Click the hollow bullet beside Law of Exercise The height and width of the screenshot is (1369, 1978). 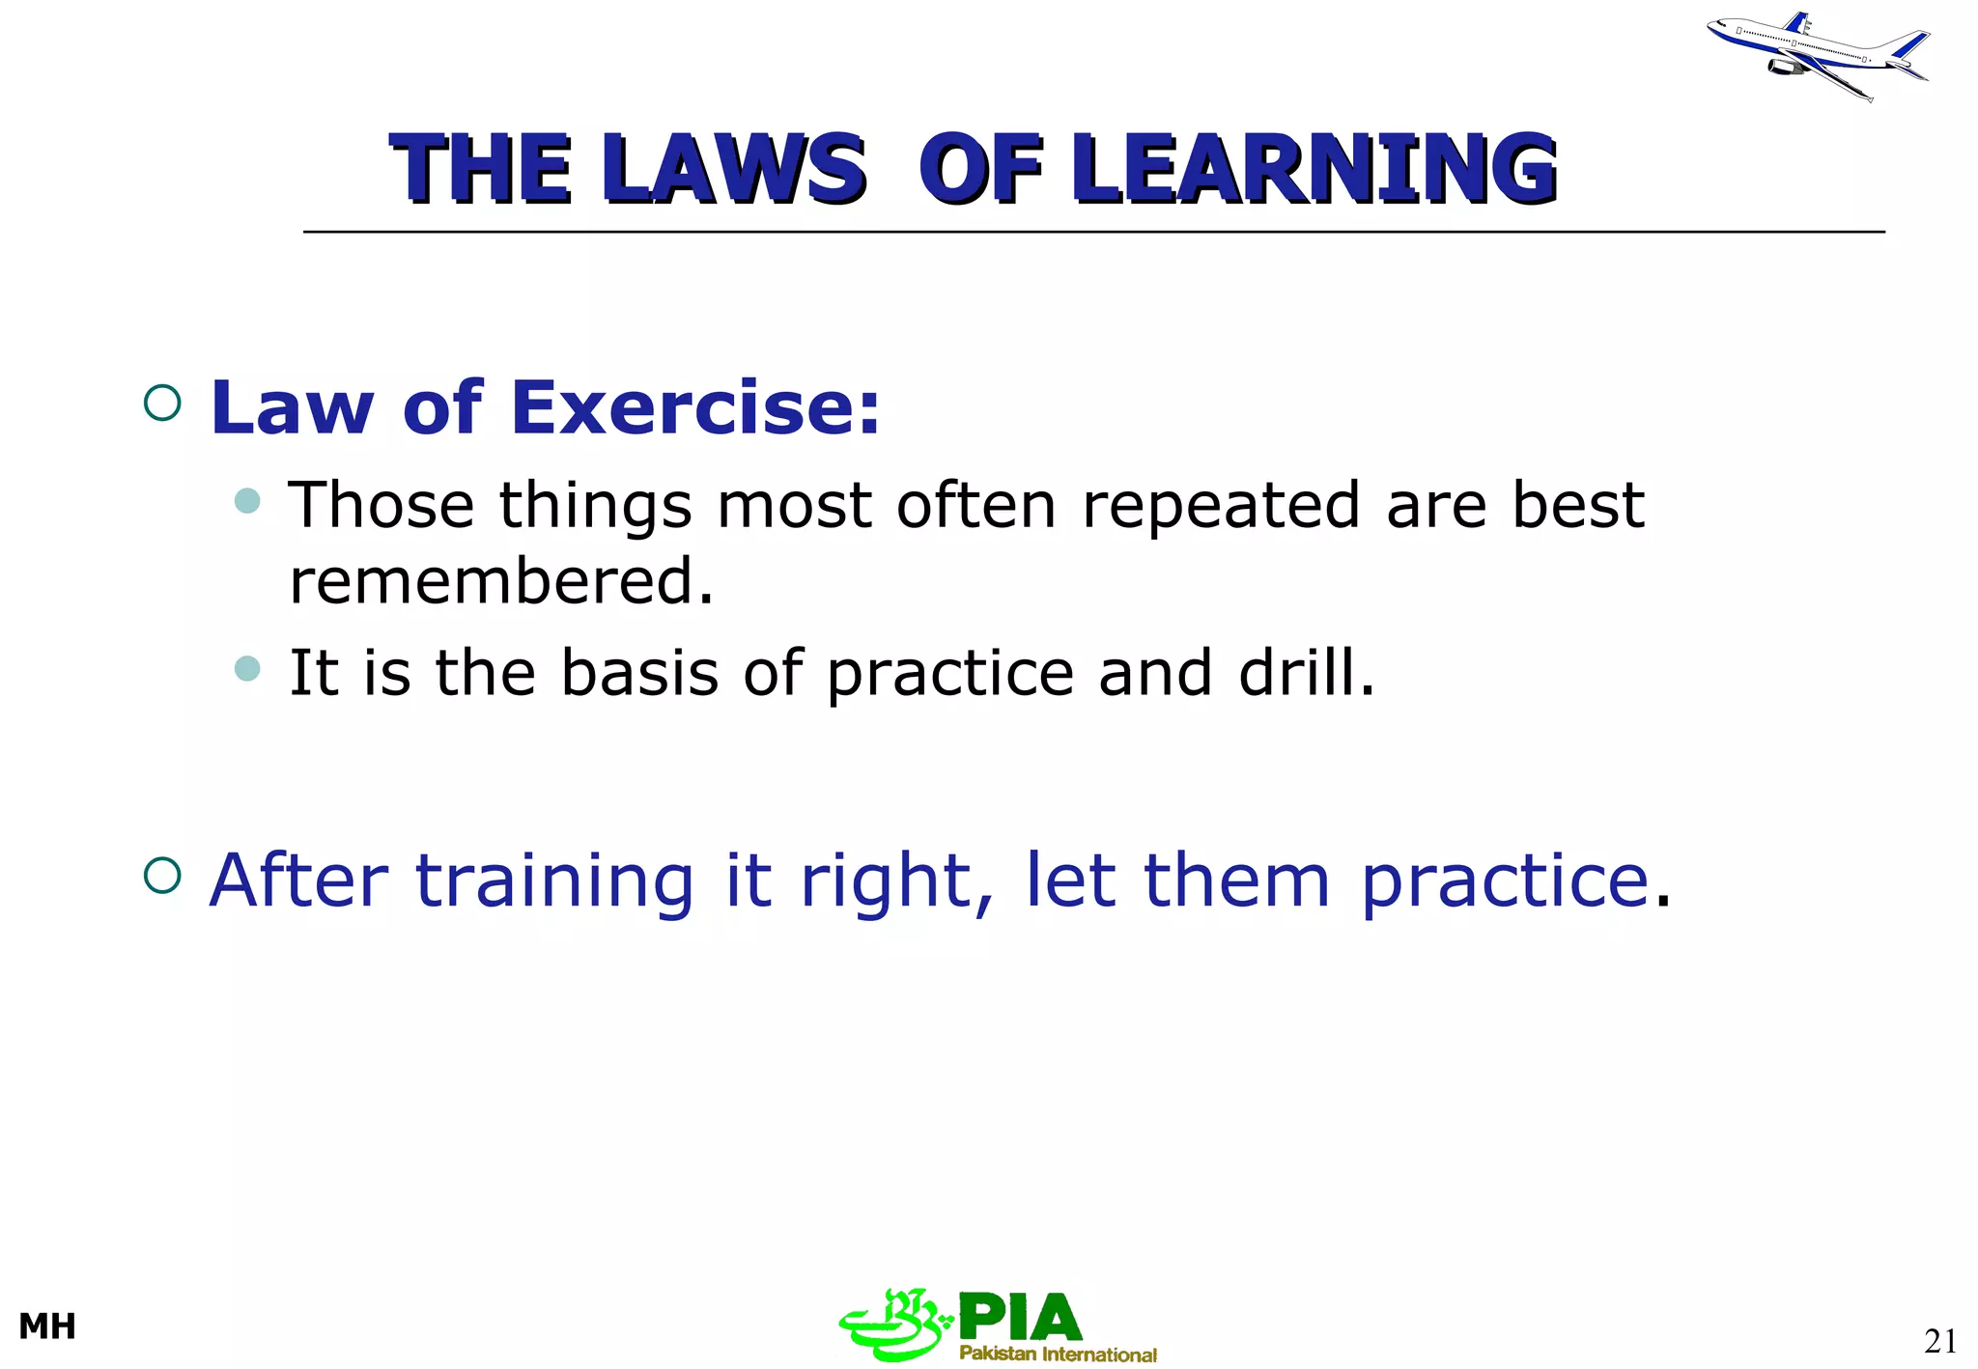(162, 403)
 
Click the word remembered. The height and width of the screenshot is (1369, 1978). (501, 581)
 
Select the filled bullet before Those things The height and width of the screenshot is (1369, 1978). (248, 500)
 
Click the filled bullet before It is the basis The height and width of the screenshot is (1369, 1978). (248, 668)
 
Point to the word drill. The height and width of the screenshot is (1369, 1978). (1306, 672)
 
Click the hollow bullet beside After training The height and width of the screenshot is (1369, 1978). (162, 876)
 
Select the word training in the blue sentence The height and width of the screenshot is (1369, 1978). (554, 880)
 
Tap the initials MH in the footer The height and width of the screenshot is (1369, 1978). (47, 1327)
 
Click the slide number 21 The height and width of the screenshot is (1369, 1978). (1940, 1341)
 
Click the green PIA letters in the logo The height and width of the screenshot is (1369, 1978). (1020, 1318)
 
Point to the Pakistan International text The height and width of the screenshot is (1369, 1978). (1058, 1354)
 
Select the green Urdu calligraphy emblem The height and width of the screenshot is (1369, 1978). (893, 1325)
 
